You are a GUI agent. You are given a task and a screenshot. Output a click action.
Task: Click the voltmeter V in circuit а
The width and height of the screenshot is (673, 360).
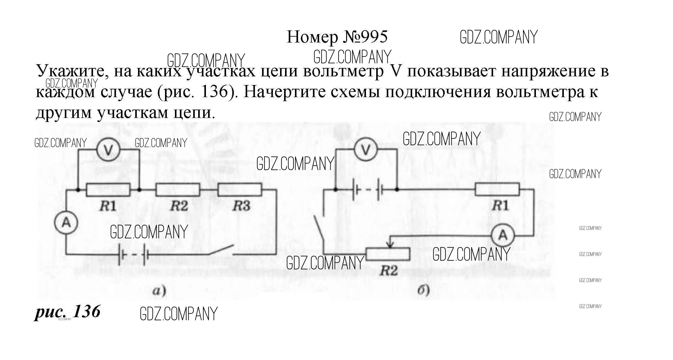(108, 150)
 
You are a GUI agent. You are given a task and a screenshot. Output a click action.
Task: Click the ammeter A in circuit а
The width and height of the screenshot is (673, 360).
(66, 223)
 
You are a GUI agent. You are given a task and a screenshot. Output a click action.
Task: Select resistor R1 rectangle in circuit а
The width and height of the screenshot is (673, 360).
(108, 190)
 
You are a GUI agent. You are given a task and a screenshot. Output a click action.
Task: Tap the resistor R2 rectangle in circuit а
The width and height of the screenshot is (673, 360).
(178, 190)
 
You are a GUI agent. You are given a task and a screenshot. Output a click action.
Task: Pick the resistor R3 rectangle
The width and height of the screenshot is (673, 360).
(240, 190)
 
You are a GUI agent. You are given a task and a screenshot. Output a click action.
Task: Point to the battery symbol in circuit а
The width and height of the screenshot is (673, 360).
(133, 255)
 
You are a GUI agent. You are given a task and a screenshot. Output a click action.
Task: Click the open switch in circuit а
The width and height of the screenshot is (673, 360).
(222, 250)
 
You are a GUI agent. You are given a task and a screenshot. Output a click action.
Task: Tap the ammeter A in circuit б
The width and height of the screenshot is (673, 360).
(503, 236)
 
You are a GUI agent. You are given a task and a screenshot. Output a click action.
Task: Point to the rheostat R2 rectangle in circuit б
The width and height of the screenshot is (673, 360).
(388, 254)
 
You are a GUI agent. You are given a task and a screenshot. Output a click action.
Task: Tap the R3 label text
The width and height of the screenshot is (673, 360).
(241, 206)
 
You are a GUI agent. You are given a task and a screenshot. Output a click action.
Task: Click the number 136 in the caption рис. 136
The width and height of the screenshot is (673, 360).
(87, 311)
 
